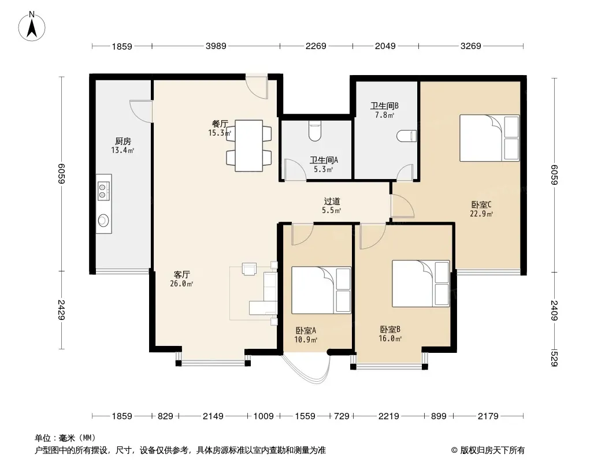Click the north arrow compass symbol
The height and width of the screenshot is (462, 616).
pos(32,26)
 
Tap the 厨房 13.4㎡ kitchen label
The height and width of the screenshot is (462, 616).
pos(123,145)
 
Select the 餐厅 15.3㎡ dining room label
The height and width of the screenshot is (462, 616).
pos(220,128)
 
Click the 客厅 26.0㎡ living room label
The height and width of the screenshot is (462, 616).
pos(181,279)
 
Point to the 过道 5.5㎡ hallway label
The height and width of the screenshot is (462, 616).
pos(332,206)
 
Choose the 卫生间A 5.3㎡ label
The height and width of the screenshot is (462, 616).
pos(324,165)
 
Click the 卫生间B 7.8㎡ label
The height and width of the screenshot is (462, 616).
pos(385,110)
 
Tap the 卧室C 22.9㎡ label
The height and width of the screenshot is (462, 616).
pos(481,209)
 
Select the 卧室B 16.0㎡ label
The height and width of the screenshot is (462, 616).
pos(390,334)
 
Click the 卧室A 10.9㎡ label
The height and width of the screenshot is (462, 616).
pos(306,335)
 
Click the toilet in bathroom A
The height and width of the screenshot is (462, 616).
pos(315,131)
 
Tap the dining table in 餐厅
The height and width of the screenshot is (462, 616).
pos(248,146)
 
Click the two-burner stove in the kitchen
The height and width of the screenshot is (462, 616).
pos(103,191)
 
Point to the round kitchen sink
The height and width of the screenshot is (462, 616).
pos(103,220)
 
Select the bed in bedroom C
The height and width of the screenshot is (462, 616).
pos(489,138)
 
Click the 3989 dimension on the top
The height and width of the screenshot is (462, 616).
pos(216,46)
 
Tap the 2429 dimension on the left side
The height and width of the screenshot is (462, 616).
pos(61,310)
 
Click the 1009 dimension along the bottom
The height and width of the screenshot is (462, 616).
pos(263,416)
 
